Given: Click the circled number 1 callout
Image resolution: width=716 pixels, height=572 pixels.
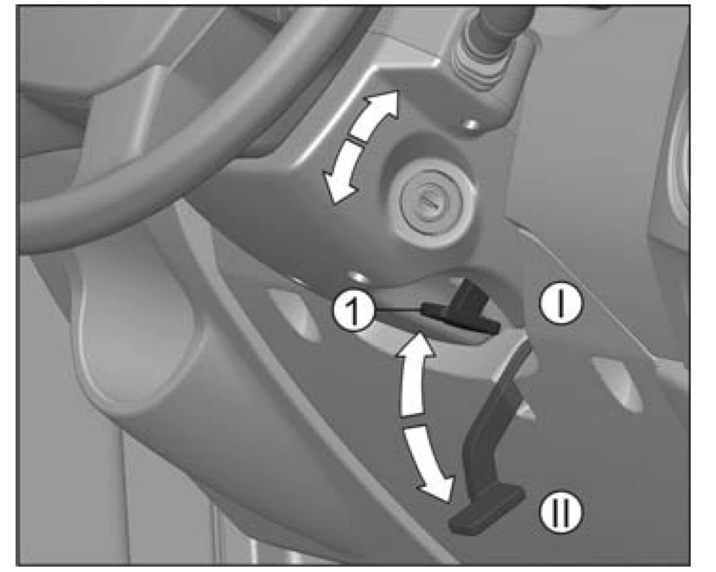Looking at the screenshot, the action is [354, 311].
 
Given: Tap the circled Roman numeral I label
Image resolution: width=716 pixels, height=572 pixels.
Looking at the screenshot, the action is [561, 304].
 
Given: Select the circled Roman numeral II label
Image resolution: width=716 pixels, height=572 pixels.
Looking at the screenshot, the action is [561, 512].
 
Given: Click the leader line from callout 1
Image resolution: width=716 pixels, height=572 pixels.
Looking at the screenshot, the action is [398, 310].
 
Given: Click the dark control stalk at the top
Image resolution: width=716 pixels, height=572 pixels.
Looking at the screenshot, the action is [502, 23].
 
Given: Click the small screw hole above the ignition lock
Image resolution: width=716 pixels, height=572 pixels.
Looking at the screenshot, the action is [471, 125].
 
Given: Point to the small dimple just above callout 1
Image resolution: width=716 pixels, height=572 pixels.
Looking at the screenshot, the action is [357, 277].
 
